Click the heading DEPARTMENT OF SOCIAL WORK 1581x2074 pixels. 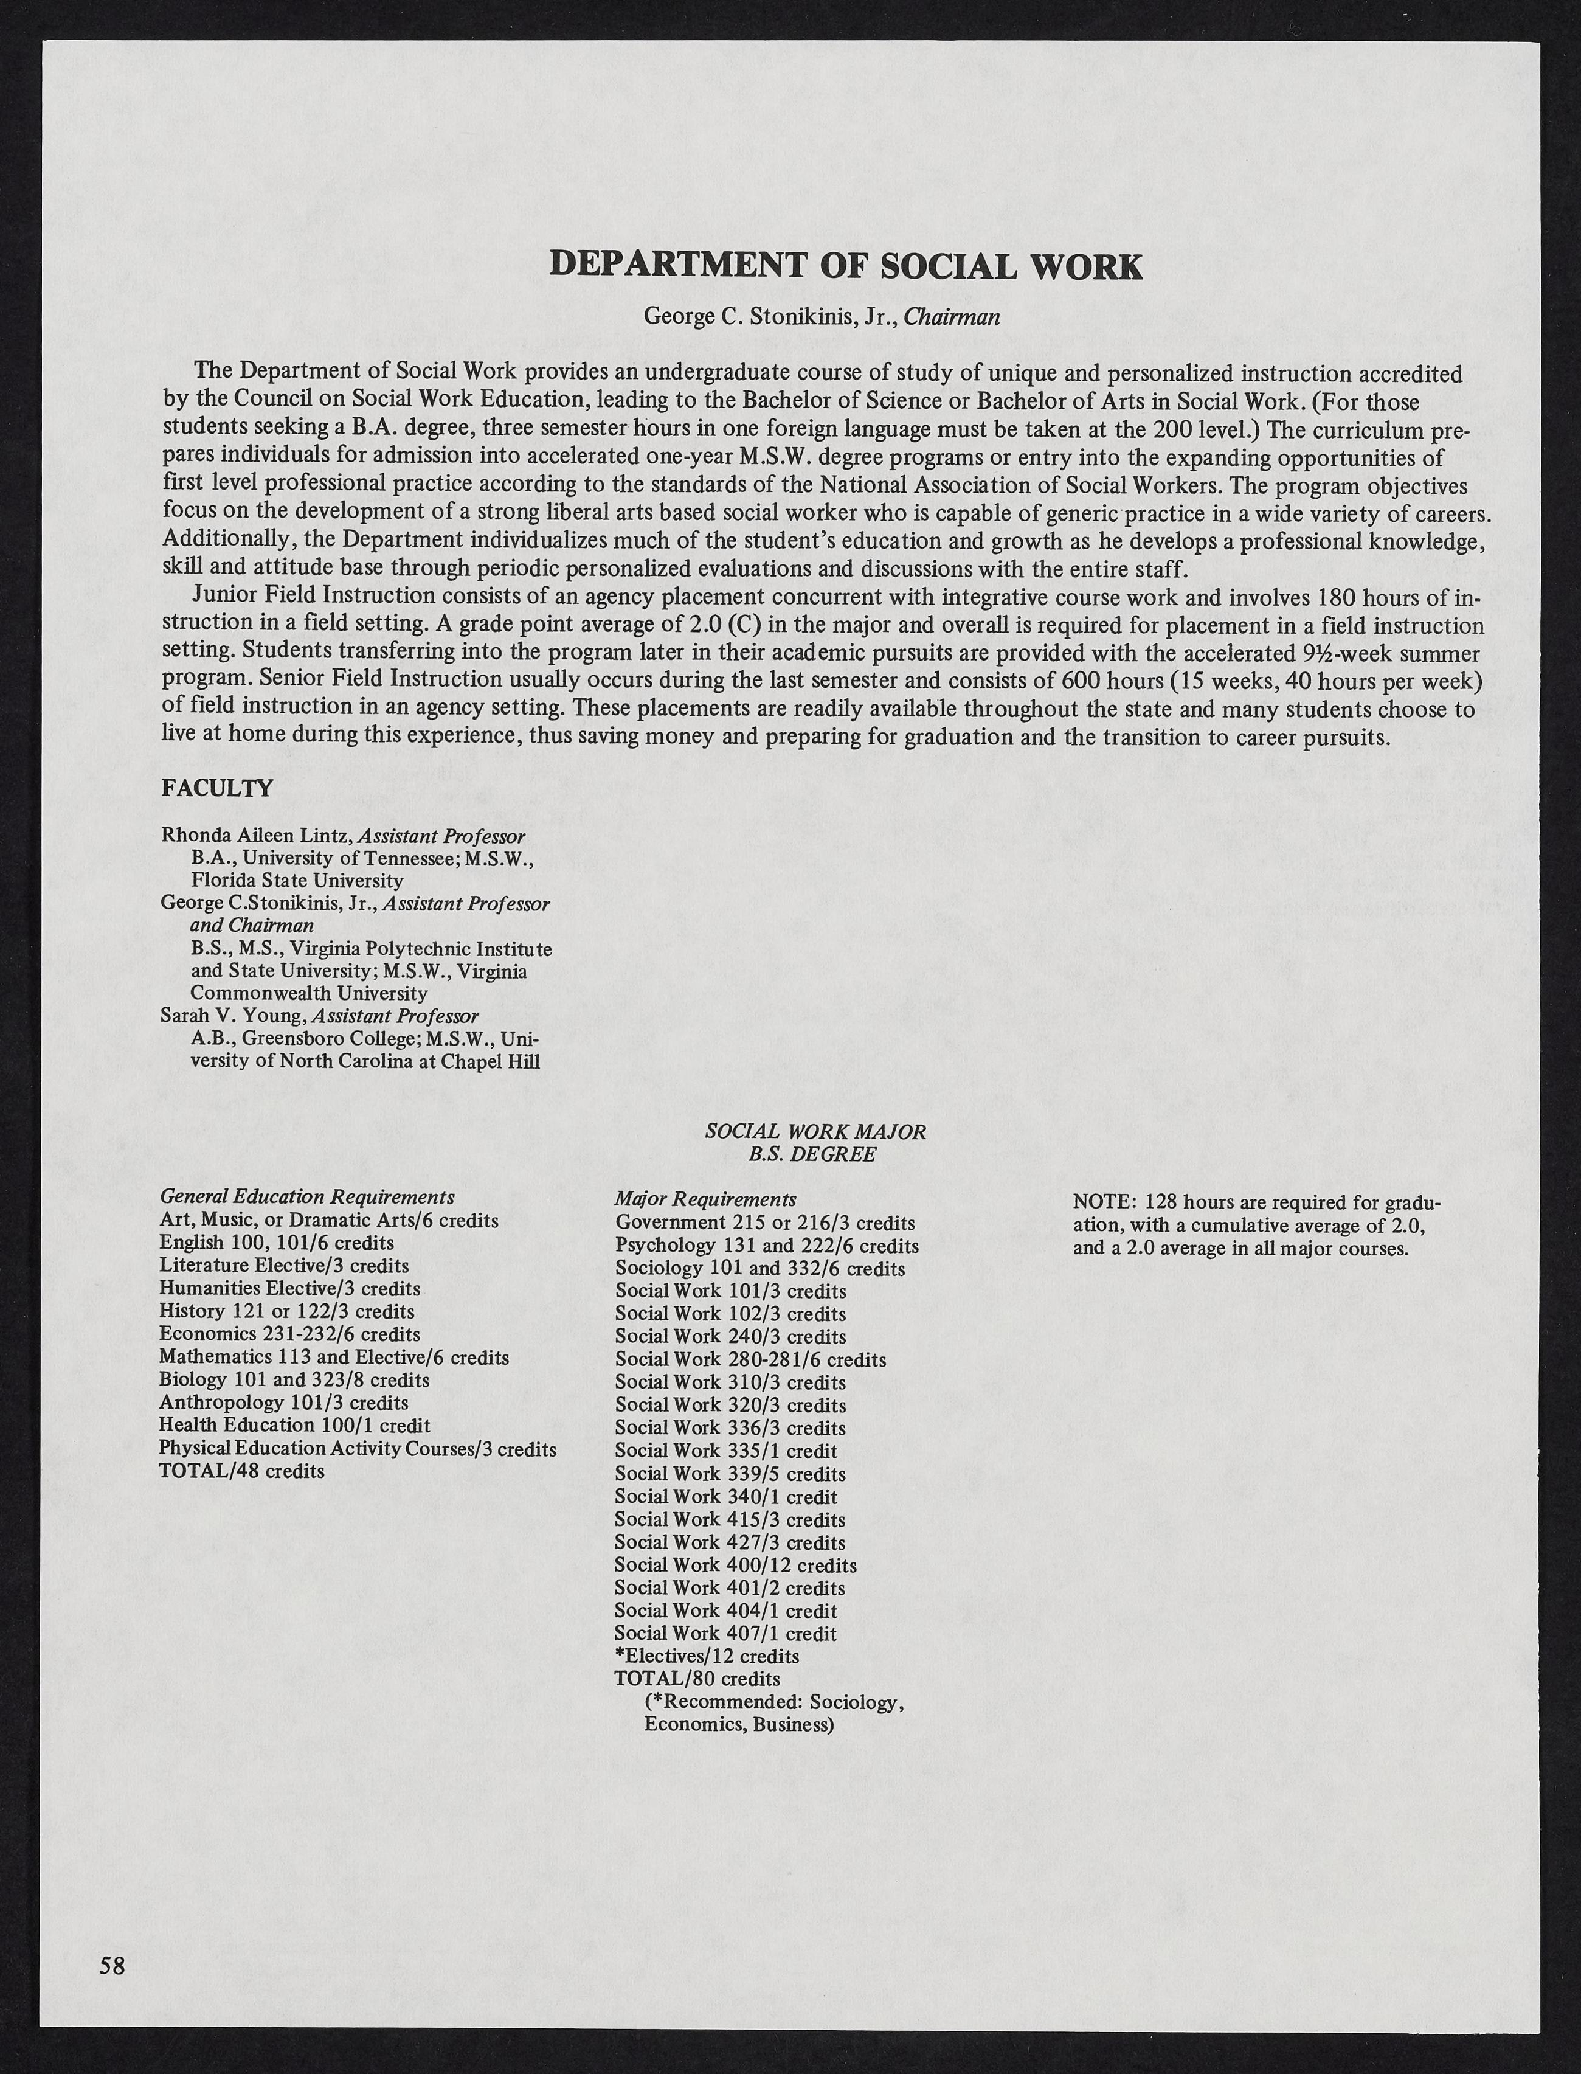click(845, 266)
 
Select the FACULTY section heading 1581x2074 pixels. click(218, 789)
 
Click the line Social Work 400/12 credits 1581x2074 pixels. click(735, 1565)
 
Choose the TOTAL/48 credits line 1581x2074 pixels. click(242, 1471)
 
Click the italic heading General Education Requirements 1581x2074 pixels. click(307, 1197)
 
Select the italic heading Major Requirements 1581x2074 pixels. click(705, 1199)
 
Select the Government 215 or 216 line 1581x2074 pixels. click(764, 1223)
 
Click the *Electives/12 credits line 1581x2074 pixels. click(706, 1656)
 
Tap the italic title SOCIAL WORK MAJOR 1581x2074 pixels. click(815, 1132)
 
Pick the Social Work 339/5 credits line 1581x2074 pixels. click(729, 1474)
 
